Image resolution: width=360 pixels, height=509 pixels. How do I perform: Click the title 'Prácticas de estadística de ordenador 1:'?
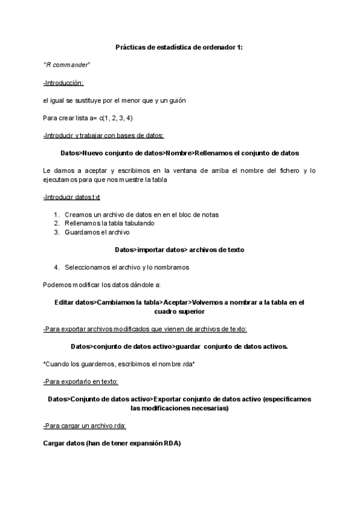click(179, 47)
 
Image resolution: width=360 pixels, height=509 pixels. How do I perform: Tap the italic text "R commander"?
click(67, 65)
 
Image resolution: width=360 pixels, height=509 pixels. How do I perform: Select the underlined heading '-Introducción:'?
click(64, 83)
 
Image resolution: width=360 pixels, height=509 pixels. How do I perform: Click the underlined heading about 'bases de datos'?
click(104, 135)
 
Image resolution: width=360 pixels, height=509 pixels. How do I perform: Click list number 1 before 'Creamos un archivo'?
click(56, 214)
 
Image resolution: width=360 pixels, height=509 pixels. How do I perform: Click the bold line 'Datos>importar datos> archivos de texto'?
click(179, 249)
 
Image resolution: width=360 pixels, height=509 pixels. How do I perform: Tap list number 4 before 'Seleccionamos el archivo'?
click(56, 267)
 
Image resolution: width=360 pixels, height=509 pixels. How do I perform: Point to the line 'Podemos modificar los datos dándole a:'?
click(102, 285)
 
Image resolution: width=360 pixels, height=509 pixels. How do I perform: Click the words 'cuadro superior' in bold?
click(179, 311)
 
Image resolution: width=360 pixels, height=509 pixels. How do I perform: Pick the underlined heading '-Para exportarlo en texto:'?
click(81, 381)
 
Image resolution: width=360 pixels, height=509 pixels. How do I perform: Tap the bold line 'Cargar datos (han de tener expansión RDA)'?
click(112, 443)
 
